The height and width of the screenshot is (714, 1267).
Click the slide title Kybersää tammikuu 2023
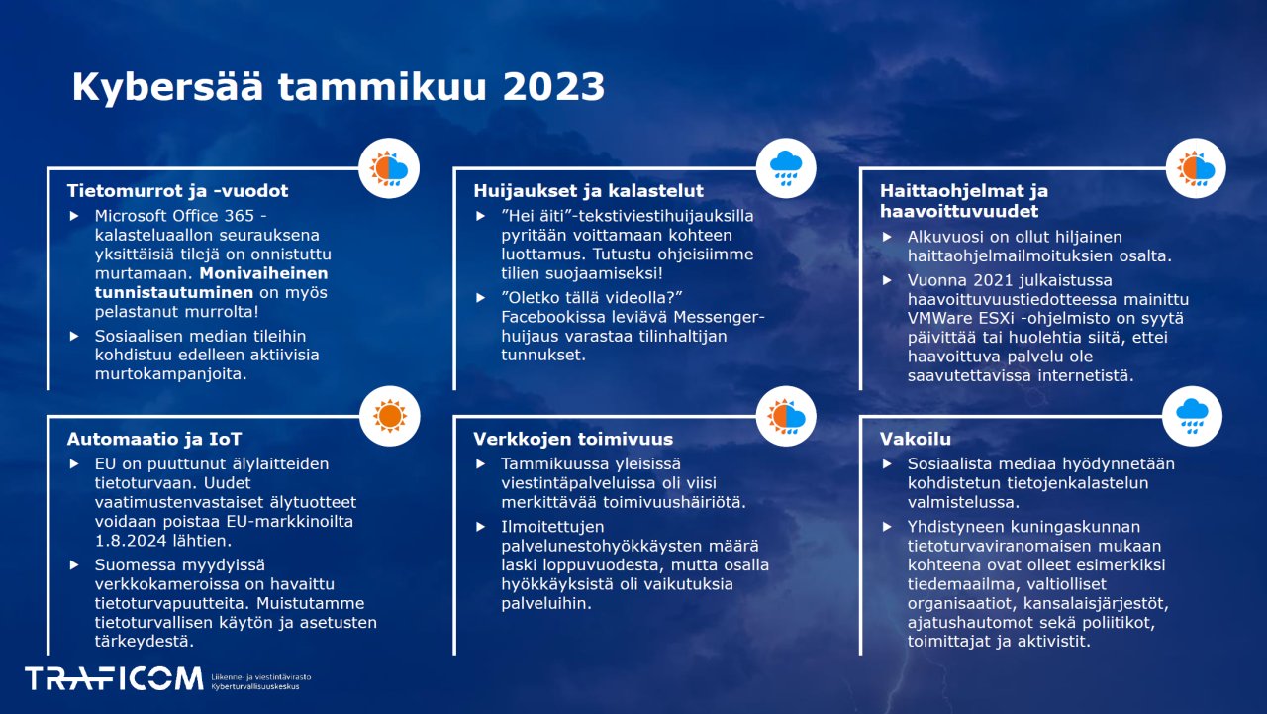338,87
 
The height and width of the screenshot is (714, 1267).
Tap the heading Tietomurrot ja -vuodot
177,190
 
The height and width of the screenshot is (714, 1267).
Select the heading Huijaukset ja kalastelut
588,190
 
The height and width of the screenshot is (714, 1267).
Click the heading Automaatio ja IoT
154,438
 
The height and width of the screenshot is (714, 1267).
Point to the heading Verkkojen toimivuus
572,438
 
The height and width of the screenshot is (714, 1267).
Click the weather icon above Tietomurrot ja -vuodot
390,167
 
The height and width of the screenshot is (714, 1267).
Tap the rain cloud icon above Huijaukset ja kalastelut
786,167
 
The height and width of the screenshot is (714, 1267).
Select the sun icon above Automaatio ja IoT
390,415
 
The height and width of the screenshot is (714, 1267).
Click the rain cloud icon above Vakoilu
1192,415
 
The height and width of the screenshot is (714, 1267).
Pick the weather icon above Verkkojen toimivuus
786,415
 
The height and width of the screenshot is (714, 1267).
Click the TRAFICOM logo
113,678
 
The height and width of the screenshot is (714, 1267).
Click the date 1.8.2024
136,541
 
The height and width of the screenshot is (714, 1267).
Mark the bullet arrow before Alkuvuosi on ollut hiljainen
886,237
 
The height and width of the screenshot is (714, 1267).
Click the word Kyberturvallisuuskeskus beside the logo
254,685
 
